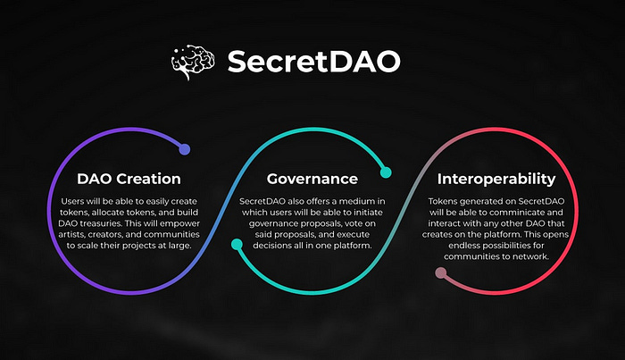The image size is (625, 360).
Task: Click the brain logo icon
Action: (193, 62)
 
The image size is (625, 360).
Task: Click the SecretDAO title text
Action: (313, 62)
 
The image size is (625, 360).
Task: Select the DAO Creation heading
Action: (129, 179)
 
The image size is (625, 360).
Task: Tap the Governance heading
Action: (312, 179)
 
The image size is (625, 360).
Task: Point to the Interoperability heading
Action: (496, 179)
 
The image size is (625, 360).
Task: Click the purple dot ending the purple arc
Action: (184, 149)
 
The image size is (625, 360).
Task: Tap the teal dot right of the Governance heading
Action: (386, 172)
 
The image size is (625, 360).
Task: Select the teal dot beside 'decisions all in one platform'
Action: (237, 244)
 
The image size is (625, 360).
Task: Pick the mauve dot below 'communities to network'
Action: (441, 273)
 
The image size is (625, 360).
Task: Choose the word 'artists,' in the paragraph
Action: (71, 234)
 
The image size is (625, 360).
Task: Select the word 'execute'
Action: (354, 234)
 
